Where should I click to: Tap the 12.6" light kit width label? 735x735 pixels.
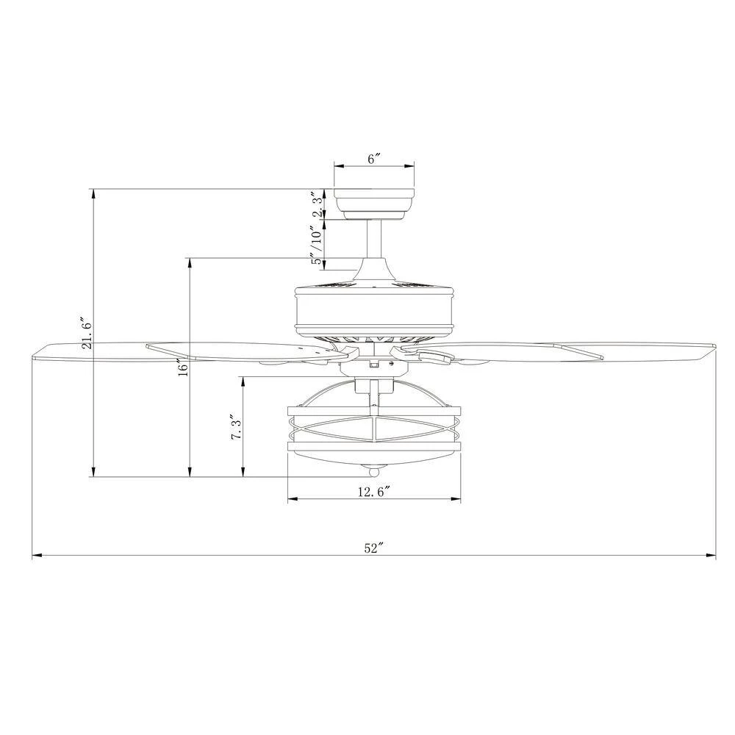[x=374, y=492]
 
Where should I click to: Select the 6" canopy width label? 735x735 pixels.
[x=373, y=159]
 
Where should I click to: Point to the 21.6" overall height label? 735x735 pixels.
[x=87, y=333]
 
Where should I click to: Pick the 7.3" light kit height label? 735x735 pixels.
[x=237, y=426]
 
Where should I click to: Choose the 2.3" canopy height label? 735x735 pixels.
[x=318, y=204]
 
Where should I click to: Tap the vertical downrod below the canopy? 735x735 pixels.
[x=373, y=238]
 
